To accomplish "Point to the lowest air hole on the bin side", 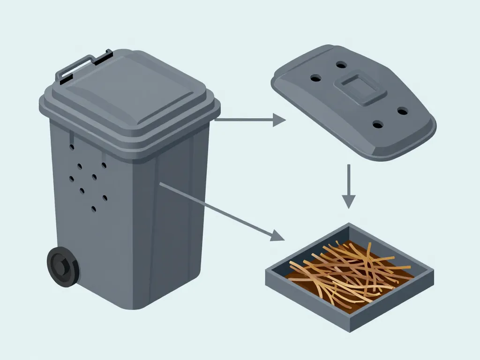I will coord(94,209).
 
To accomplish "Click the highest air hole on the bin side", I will coord(72,147).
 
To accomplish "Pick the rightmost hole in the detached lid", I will coord(402,111).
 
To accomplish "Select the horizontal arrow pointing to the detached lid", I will coord(248,120).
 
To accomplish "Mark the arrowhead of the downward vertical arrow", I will coord(348,202).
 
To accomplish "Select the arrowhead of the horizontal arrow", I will coord(279,120).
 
